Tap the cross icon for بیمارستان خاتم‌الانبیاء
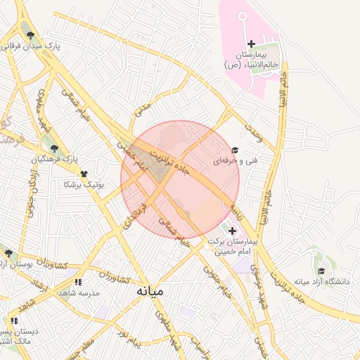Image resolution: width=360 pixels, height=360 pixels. point(251,44)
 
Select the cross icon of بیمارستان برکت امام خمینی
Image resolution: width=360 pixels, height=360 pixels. point(232,230)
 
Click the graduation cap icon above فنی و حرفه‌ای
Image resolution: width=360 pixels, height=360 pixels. point(235,150)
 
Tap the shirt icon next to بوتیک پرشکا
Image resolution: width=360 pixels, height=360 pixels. point(84,174)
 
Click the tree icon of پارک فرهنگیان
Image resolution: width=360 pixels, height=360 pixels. point(53,148)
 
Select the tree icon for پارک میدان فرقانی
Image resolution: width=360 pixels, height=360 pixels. point(28,34)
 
